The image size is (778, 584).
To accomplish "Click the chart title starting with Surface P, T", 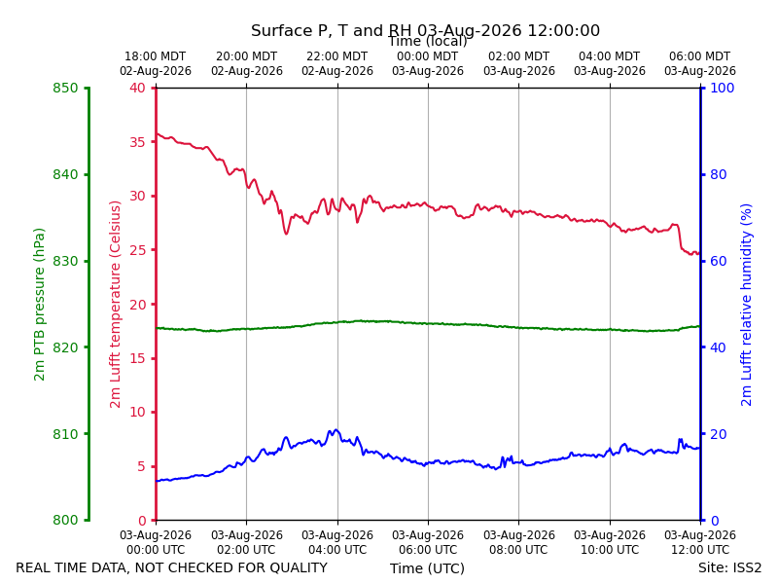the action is [425, 30].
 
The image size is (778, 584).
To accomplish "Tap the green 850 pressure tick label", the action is [65, 88].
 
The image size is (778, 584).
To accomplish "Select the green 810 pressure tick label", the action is [65, 434].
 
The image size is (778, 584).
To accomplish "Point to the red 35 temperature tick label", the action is [137, 142].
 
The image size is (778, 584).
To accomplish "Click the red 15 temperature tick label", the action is [137, 358].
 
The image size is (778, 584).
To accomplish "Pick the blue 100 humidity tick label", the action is [723, 88].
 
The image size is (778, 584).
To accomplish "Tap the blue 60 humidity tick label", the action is [719, 261].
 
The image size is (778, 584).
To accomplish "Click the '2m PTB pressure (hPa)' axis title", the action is [39, 305].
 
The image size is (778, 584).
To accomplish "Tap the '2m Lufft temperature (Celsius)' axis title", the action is [115, 305].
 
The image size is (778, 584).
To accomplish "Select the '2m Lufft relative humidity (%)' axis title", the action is [746, 305].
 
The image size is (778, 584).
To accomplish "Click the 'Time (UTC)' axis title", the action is [427, 568].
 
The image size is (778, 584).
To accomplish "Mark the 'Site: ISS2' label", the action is [730, 567].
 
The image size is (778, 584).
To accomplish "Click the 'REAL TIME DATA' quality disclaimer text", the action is [172, 567].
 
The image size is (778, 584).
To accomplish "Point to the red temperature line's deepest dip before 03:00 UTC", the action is [286, 233].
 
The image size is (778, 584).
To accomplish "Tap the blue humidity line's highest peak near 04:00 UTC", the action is [336, 430].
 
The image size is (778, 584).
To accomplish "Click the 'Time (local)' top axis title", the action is [428, 42].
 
